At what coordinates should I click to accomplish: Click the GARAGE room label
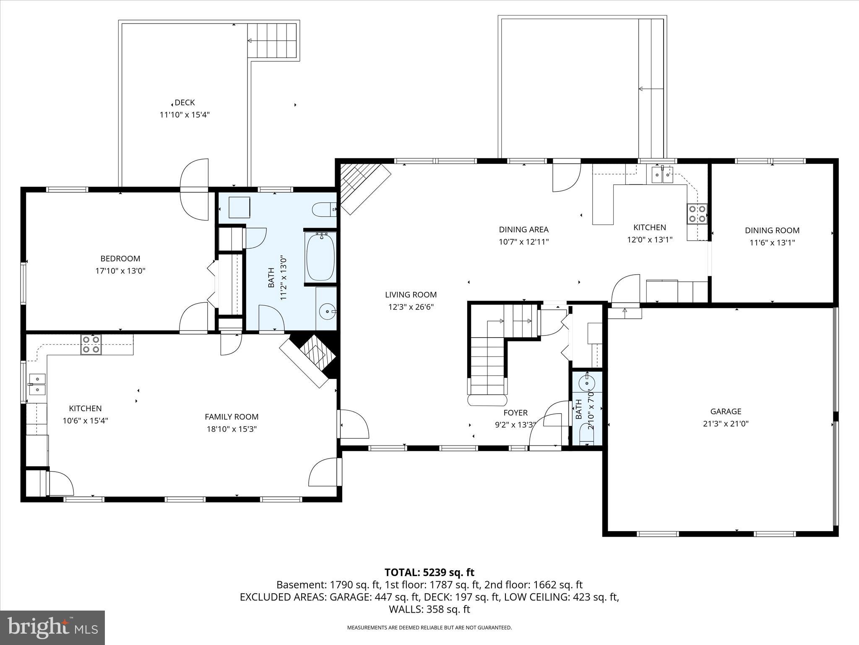pos(726,412)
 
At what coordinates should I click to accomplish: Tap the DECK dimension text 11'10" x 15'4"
pos(185,115)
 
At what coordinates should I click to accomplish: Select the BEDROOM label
pos(120,259)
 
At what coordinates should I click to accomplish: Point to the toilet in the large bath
pos(324,209)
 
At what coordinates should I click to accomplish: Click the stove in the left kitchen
pos(91,344)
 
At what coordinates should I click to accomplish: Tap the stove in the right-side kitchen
pos(697,213)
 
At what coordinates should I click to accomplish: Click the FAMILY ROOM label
pos(232,417)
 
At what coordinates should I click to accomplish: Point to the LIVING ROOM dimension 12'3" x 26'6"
pos(411,307)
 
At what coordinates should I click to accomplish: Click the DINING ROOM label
pos(772,231)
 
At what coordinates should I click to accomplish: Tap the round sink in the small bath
pos(586,383)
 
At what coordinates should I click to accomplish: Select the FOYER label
pos(515,413)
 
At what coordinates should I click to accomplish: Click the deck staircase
pos(272,40)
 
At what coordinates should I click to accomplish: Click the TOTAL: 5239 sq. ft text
pos(429,572)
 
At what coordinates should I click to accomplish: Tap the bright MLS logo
pos(52,627)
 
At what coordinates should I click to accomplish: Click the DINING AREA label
pos(523,230)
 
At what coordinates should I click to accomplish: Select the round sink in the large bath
pos(327,312)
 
